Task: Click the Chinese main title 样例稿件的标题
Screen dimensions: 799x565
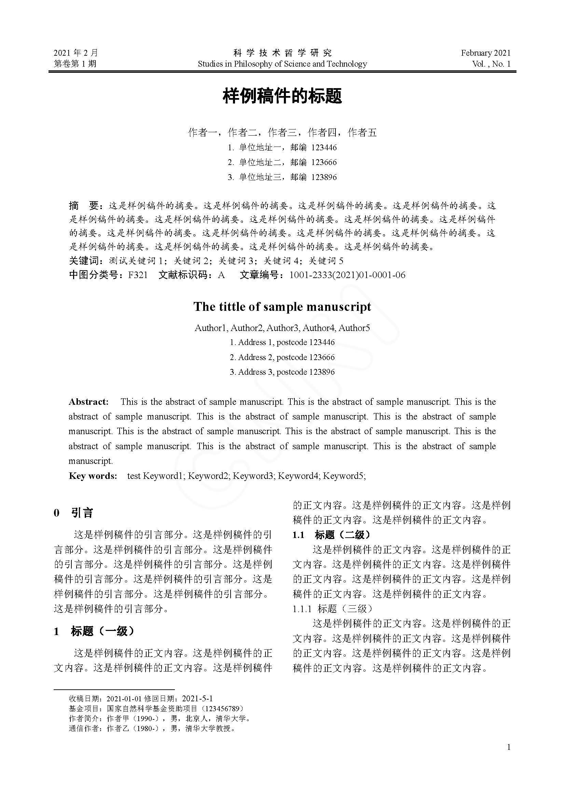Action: [x=282, y=96]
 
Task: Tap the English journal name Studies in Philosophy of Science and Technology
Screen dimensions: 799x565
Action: [x=282, y=64]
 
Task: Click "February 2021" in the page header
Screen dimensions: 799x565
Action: [x=486, y=53]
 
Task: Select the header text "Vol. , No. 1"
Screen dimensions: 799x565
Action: [x=491, y=64]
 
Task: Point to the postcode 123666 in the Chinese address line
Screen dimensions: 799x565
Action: [x=324, y=162]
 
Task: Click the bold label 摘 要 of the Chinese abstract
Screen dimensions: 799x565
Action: [x=84, y=206]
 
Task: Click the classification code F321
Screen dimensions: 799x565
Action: [x=138, y=275]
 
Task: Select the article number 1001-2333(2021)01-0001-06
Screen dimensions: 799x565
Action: [x=347, y=275]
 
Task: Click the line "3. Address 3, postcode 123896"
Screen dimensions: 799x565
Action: [x=282, y=372]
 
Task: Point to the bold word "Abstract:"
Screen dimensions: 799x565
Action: [x=89, y=402]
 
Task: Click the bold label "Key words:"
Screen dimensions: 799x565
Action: [x=93, y=476]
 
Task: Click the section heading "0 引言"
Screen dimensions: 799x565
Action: [x=73, y=513]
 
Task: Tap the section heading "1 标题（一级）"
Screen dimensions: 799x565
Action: [x=94, y=631]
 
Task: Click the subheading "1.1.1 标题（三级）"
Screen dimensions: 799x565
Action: [x=333, y=609]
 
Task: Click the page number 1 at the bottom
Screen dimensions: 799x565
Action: [x=509, y=747]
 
